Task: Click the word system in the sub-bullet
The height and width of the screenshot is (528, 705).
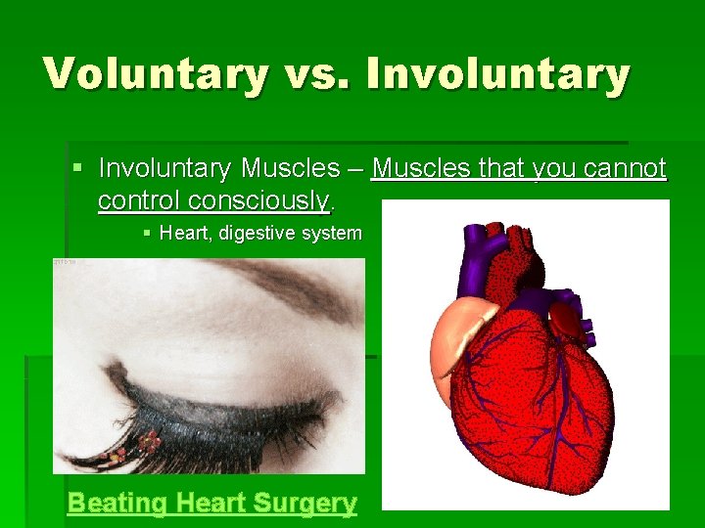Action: click(x=333, y=234)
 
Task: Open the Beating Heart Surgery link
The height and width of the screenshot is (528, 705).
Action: click(x=211, y=504)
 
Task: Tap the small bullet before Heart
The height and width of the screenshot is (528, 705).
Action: click(x=146, y=234)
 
